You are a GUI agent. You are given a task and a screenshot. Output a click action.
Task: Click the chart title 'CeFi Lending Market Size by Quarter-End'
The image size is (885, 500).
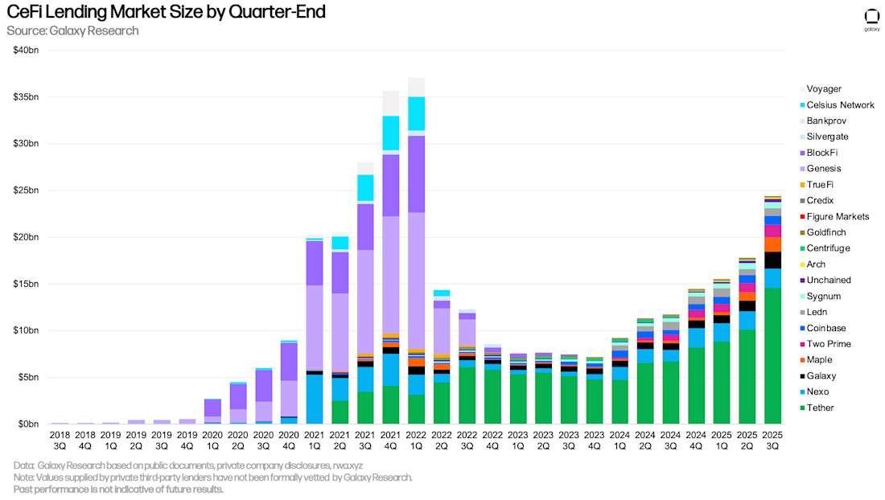coord(167,13)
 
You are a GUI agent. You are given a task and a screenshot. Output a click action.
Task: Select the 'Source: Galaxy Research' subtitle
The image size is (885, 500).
coord(72,31)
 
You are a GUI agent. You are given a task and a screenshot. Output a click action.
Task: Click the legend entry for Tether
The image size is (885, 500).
coord(820,408)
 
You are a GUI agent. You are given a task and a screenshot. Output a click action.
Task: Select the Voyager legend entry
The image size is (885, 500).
coord(823,89)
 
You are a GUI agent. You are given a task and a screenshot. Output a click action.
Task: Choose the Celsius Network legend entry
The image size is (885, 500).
coord(840,105)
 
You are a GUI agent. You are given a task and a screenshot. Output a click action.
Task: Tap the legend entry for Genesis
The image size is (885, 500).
coord(823,169)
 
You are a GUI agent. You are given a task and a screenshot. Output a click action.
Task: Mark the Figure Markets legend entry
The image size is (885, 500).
coord(838,216)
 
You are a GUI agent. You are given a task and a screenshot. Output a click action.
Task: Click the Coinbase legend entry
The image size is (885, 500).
coord(825,328)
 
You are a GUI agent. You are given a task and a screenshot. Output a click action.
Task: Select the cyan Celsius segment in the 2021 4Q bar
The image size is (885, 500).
coord(390,133)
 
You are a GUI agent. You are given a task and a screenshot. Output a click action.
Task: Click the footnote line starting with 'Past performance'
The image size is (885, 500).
coord(118,490)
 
